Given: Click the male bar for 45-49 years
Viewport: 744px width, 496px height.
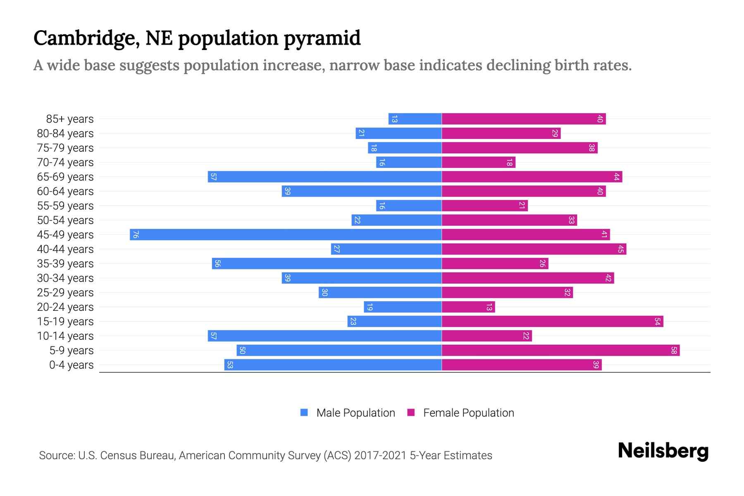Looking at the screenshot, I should (285, 235).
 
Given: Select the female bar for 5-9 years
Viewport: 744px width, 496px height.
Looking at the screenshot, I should (560, 351).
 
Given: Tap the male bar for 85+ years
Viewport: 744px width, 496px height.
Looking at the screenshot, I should (415, 119).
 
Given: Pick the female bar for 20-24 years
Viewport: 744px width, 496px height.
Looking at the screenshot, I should (468, 307).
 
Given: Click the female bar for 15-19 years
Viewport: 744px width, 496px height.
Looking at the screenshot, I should (552, 322).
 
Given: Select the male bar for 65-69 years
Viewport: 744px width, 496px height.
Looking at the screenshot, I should (324, 177).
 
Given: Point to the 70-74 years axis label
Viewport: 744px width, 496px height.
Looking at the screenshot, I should (65, 162).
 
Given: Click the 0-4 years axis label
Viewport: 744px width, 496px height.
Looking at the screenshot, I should (71, 365).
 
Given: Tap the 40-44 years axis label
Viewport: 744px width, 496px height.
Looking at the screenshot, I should (65, 249).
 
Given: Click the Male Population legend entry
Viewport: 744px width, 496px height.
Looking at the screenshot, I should (355, 413).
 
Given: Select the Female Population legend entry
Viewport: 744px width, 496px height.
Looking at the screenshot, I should (468, 413).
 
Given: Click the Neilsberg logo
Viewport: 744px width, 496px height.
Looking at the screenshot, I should (663, 451).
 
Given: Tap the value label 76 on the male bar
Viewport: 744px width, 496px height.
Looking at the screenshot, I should (136, 235).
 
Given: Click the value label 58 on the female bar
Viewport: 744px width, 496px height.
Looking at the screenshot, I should (674, 351).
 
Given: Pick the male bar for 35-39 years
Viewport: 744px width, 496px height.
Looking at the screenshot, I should (327, 264).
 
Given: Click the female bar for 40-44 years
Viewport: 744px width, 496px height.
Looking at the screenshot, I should (534, 249).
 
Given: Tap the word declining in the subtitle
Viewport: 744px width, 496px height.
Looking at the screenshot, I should (517, 66).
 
